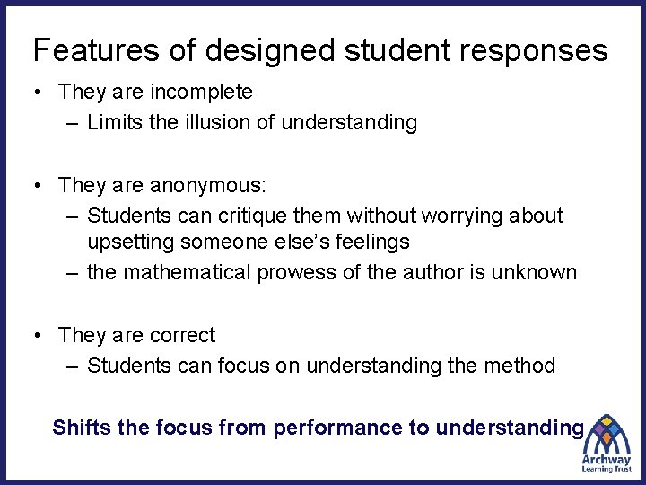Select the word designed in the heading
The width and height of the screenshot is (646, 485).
coord(241,52)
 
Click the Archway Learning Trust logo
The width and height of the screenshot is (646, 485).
coord(606,445)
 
